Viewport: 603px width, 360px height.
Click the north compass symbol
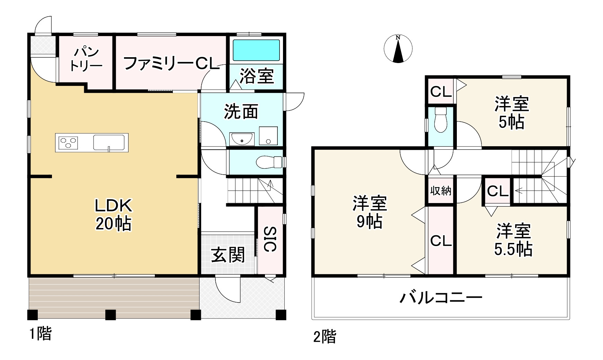coord(398,49)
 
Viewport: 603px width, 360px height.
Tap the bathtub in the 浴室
coord(256,50)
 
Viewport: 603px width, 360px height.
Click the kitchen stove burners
coord(69,143)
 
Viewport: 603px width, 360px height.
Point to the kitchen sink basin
coord(109,142)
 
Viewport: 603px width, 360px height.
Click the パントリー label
coord(86,59)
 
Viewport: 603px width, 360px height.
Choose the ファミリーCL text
coord(171,63)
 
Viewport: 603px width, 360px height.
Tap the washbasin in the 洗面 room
coord(242,139)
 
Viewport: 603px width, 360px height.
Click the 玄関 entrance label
coord(228,255)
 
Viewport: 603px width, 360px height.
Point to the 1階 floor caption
coord(40,334)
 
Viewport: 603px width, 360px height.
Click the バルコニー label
coord(441,297)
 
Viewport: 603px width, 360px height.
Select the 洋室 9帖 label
coord(370,212)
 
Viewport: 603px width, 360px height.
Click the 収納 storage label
coord(441,191)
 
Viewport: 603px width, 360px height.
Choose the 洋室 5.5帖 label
coord(513,240)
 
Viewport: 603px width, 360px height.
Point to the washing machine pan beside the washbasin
coord(268,136)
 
